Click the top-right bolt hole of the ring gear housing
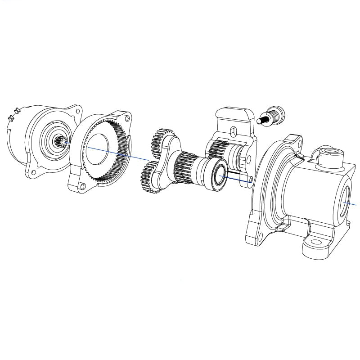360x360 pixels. point(127,119)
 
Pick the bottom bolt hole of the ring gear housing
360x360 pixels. point(82,185)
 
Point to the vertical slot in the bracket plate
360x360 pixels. point(233,131)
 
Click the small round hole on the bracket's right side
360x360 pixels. point(248,158)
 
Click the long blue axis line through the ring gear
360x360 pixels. point(121,154)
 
